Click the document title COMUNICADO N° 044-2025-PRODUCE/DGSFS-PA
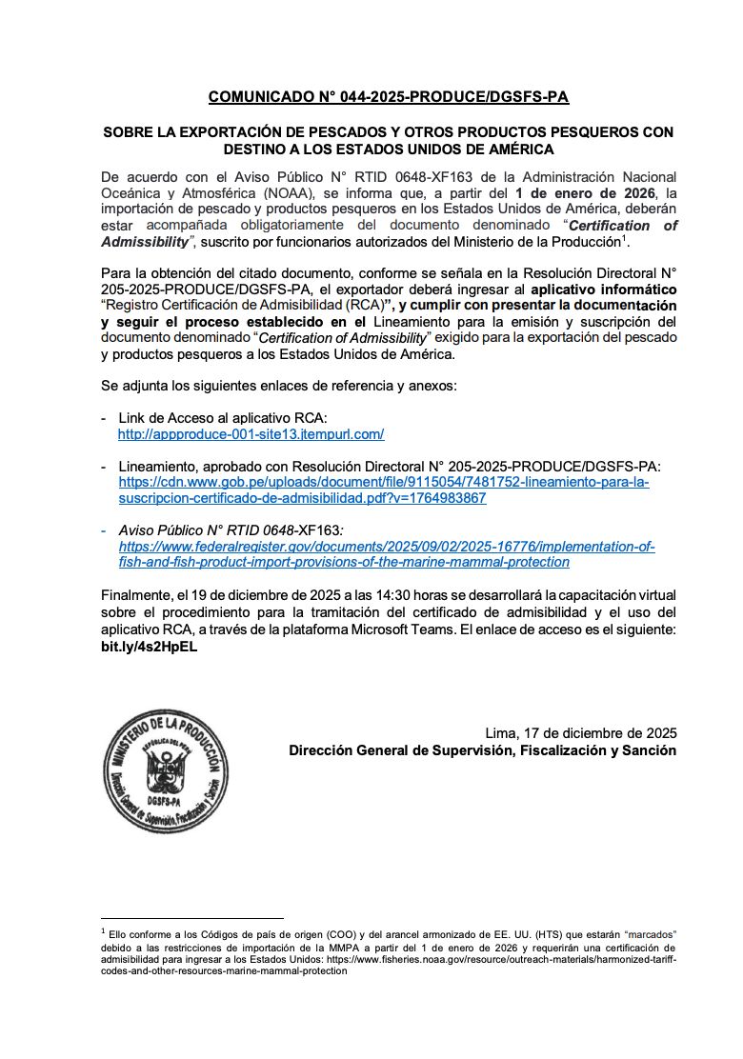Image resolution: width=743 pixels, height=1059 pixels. coord(389,97)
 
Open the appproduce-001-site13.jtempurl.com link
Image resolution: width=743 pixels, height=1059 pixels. coord(251,434)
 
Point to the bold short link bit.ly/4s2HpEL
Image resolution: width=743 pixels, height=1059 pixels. coord(149,647)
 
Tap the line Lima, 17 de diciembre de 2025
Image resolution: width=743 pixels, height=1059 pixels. coord(581,732)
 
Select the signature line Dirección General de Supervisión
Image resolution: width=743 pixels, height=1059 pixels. coord(483,750)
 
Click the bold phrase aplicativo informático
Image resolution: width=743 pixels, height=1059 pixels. coord(604,289)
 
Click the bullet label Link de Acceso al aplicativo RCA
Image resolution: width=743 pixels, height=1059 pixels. coord(222,418)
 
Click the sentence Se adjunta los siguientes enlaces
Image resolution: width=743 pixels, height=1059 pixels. coord(278,386)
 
